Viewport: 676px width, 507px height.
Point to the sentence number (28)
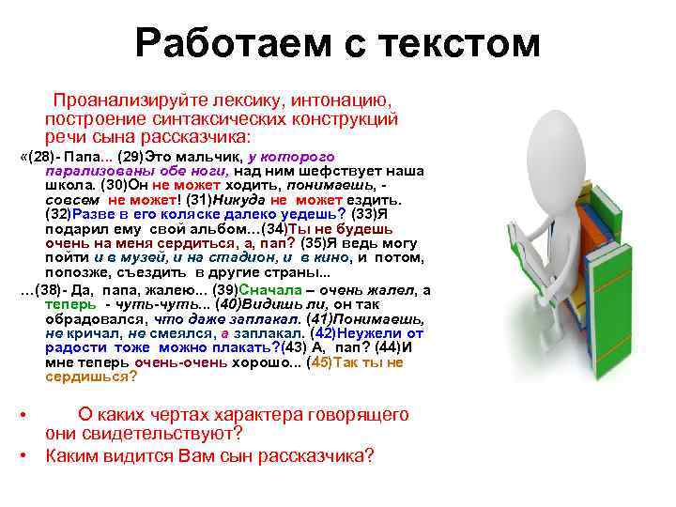42,156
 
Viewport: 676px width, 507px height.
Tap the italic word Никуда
239,200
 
